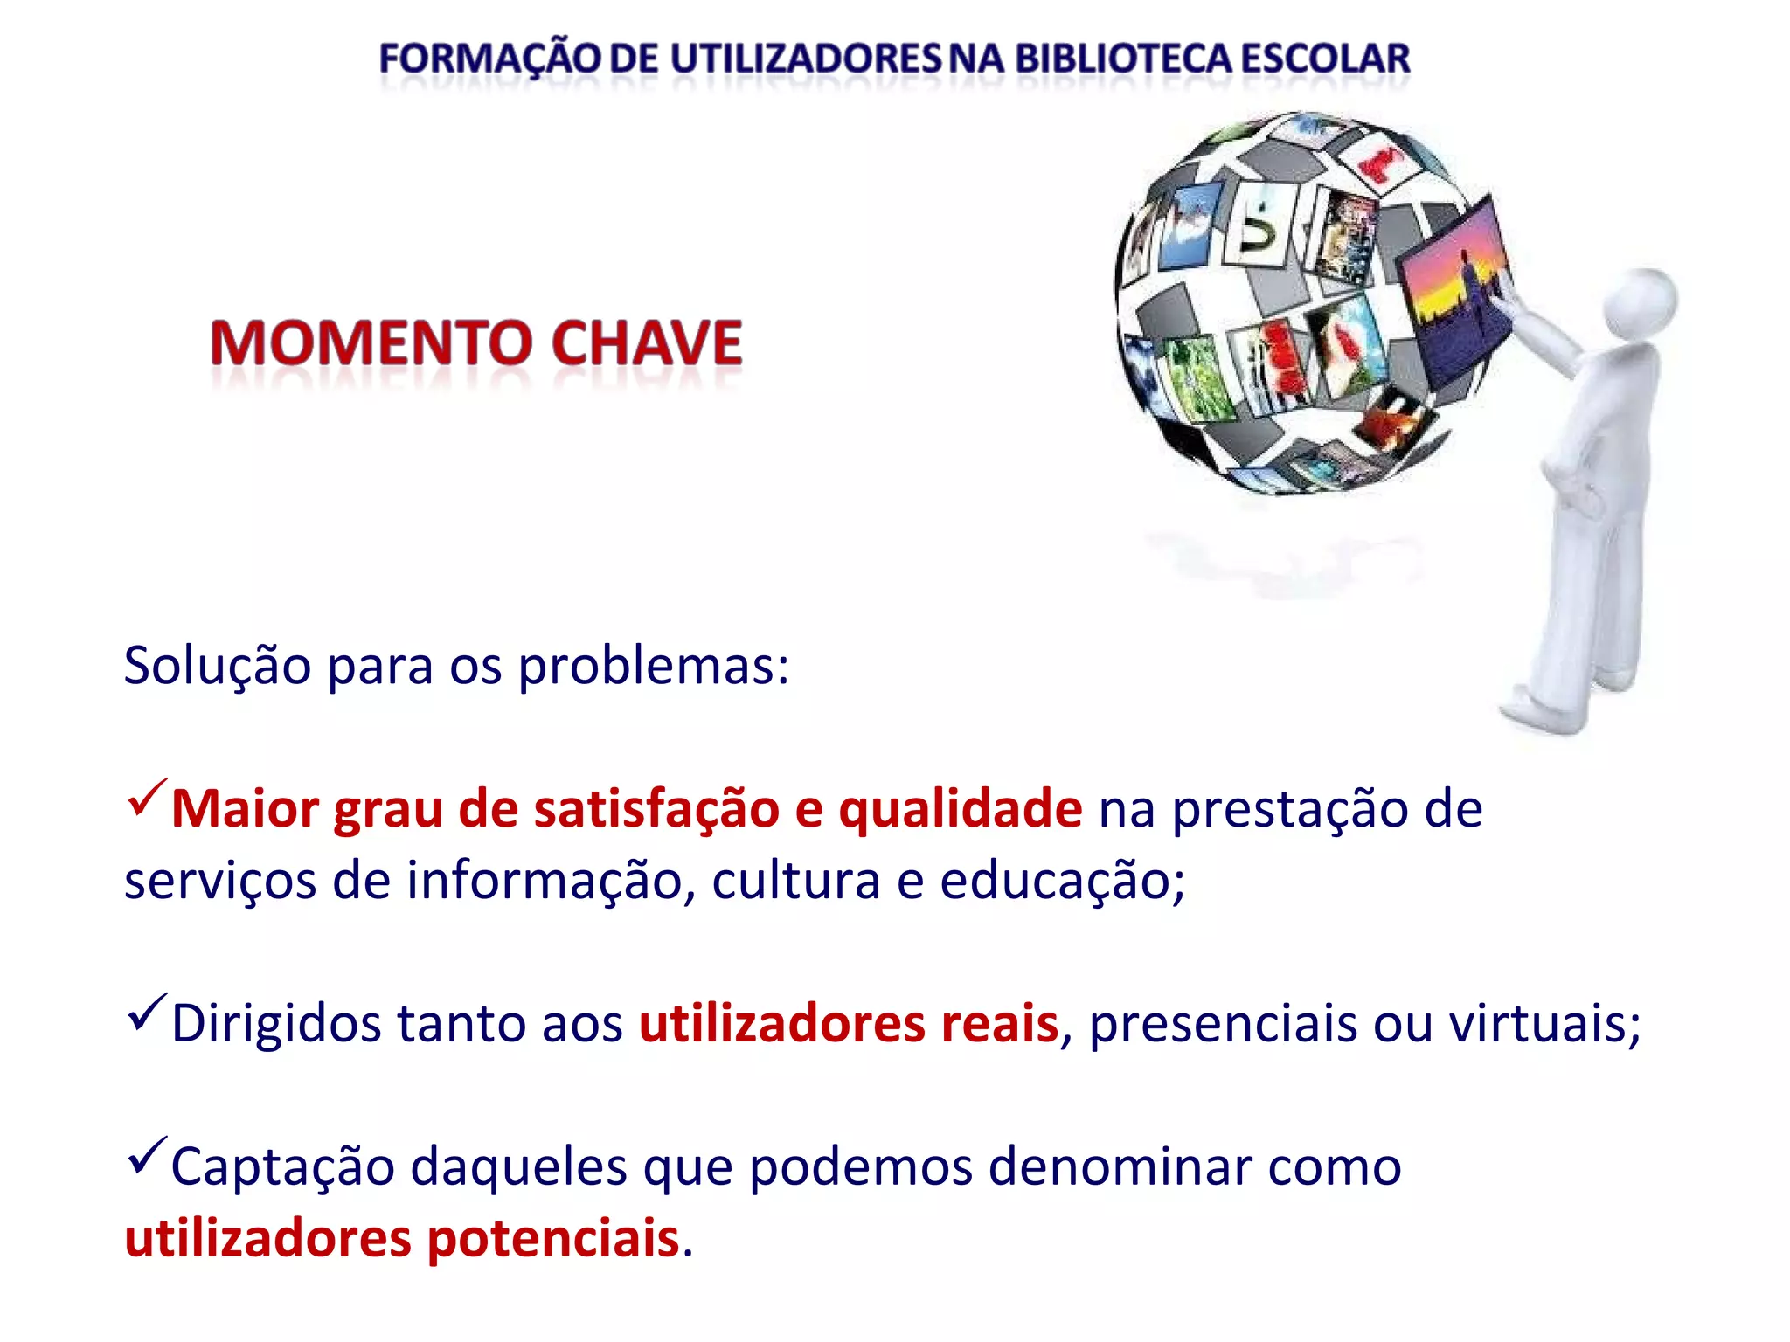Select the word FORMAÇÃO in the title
coord(490,59)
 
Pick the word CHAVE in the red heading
coord(647,342)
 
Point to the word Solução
coord(218,667)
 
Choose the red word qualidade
coord(961,809)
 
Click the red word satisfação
coord(656,809)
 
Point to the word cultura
coord(795,881)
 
